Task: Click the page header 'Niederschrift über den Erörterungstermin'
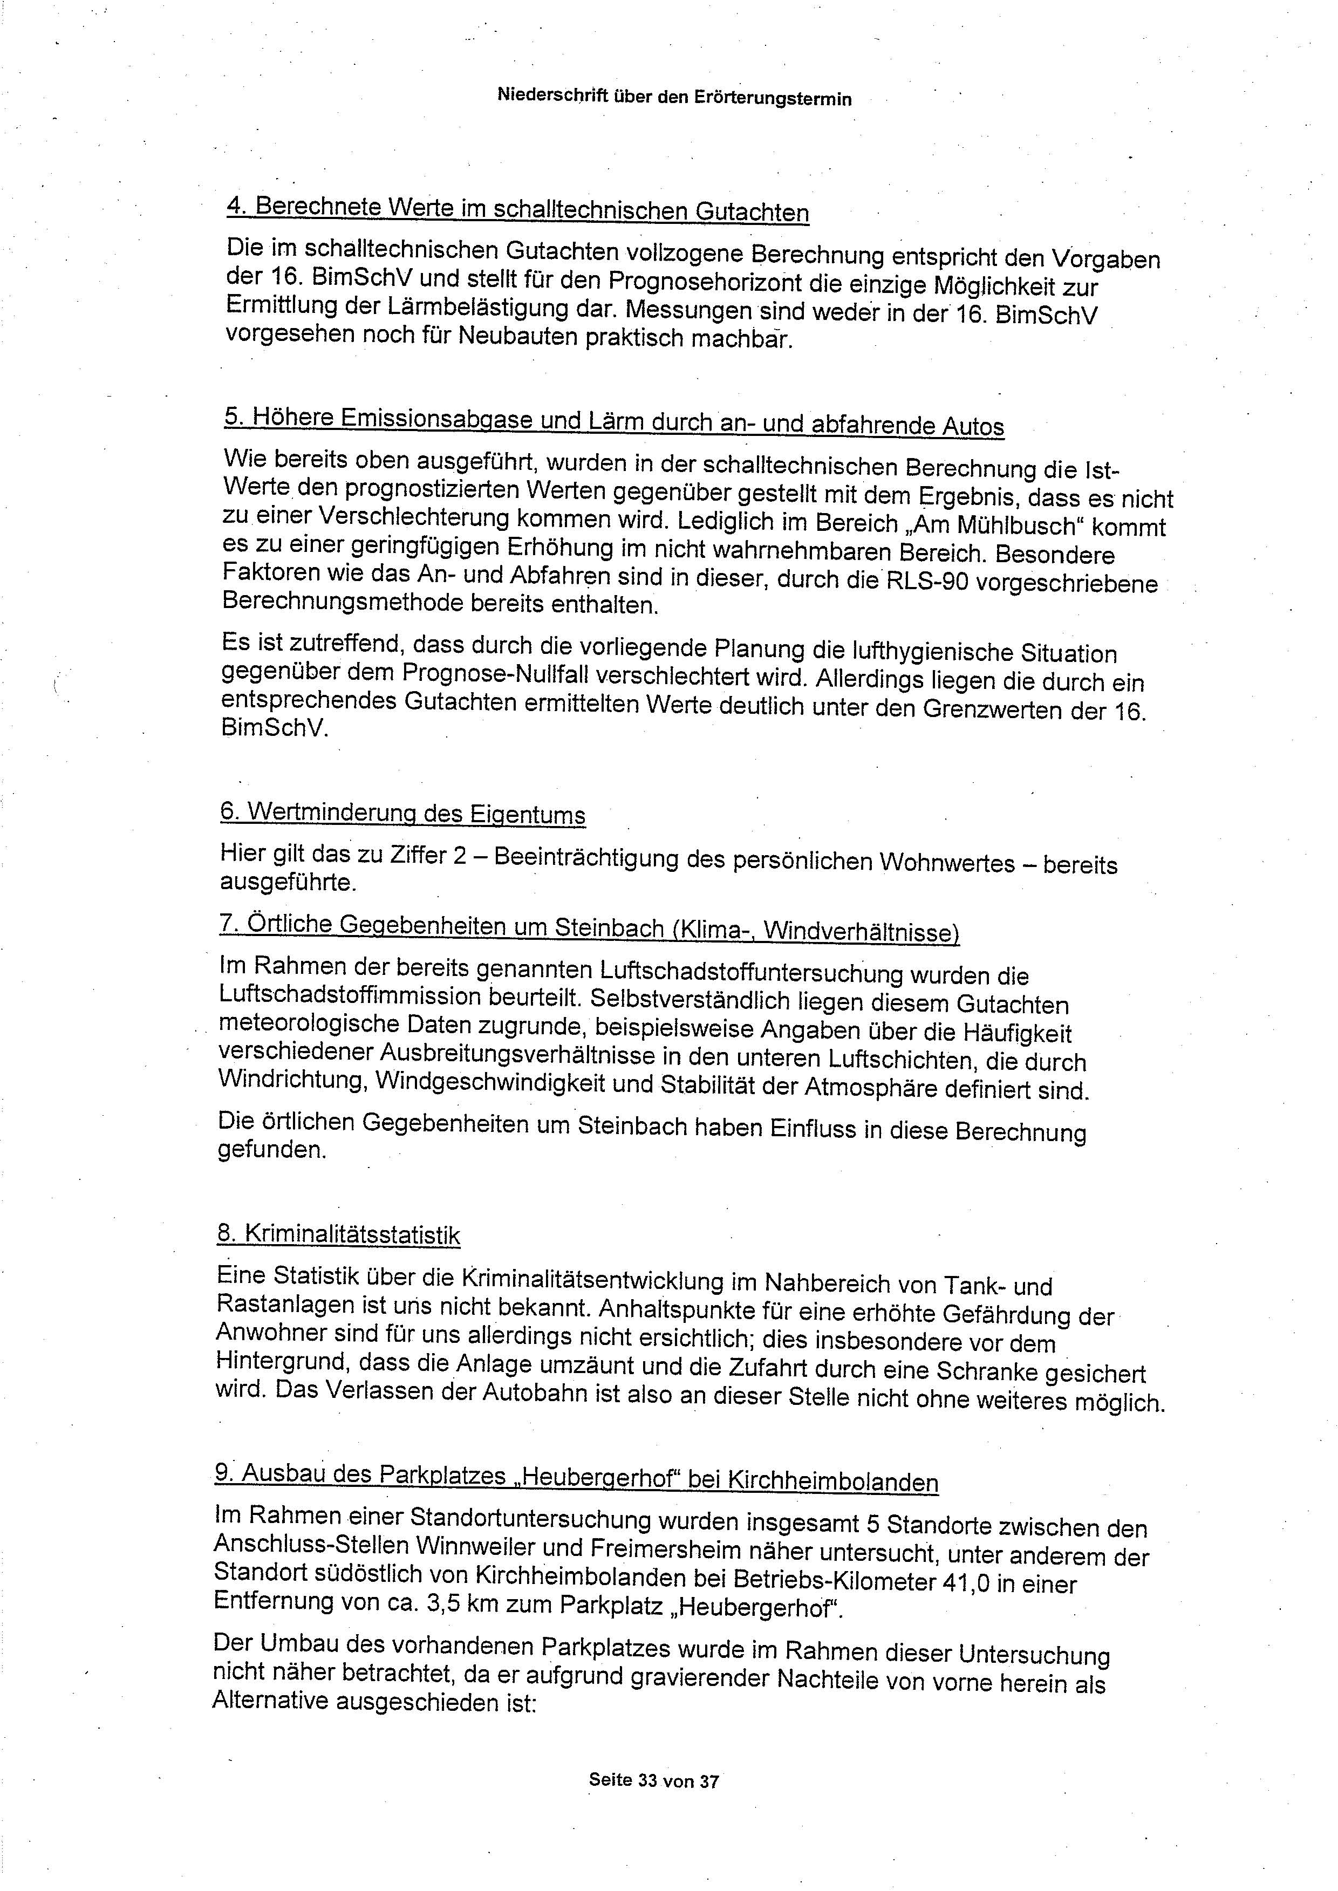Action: pyautogui.click(x=674, y=97)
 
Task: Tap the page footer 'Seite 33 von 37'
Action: pyautogui.click(x=653, y=1780)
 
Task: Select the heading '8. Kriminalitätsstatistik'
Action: pyautogui.click(x=339, y=1233)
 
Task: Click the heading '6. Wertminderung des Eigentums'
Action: pyautogui.click(x=403, y=813)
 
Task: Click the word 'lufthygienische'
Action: pyautogui.click(x=900, y=652)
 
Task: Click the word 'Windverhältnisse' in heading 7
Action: pyautogui.click(x=861, y=932)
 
